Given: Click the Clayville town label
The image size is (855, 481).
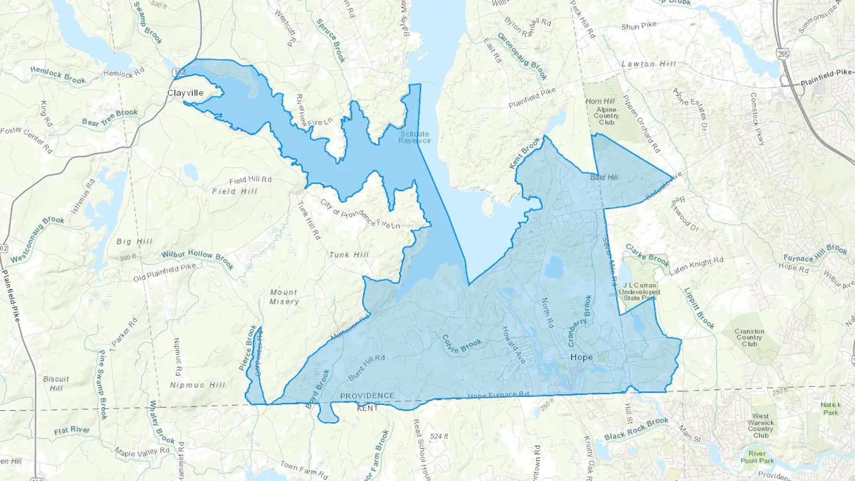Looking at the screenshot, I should pyautogui.click(x=185, y=93).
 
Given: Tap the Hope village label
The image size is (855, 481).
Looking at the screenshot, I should pyautogui.click(x=581, y=357).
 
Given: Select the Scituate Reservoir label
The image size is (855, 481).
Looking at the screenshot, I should pyautogui.click(x=415, y=137).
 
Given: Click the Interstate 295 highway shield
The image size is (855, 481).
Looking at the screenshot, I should pyautogui.click(x=783, y=54).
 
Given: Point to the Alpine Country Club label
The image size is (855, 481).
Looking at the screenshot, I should pyautogui.click(x=606, y=116).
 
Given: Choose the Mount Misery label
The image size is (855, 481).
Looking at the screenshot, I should pyautogui.click(x=284, y=297).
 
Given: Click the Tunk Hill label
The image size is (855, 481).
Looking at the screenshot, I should pyautogui.click(x=349, y=255).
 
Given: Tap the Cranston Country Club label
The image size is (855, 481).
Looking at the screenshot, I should pyautogui.click(x=749, y=338).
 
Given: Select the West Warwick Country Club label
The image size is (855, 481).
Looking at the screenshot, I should pyautogui.click(x=760, y=425).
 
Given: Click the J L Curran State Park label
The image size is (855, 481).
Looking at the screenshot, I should pyautogui.click(x=639, y=292).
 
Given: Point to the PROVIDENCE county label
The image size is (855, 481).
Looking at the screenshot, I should pyautogui.click(x=367, y=396).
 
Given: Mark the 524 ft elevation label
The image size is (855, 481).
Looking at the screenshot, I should pyautogui.click(x=438, y=436).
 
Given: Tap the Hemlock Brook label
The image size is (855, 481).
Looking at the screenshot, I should pyautogui.click(x=58, y=75).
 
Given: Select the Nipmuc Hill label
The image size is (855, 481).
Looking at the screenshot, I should pyautogui.click(x=198, y=385).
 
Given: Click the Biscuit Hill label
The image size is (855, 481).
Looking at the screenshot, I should pyautogui.click(x=56, y=383).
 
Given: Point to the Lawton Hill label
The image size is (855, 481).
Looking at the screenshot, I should pyautogui.click(x=648, y=64).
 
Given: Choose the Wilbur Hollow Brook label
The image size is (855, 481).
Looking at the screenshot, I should pyautogui.click(x=198, y=258).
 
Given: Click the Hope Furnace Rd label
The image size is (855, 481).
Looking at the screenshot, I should pyautogui.click(x=498, y=395).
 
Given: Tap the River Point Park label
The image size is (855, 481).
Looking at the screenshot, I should pyautogui.click(x=757, y=457).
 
